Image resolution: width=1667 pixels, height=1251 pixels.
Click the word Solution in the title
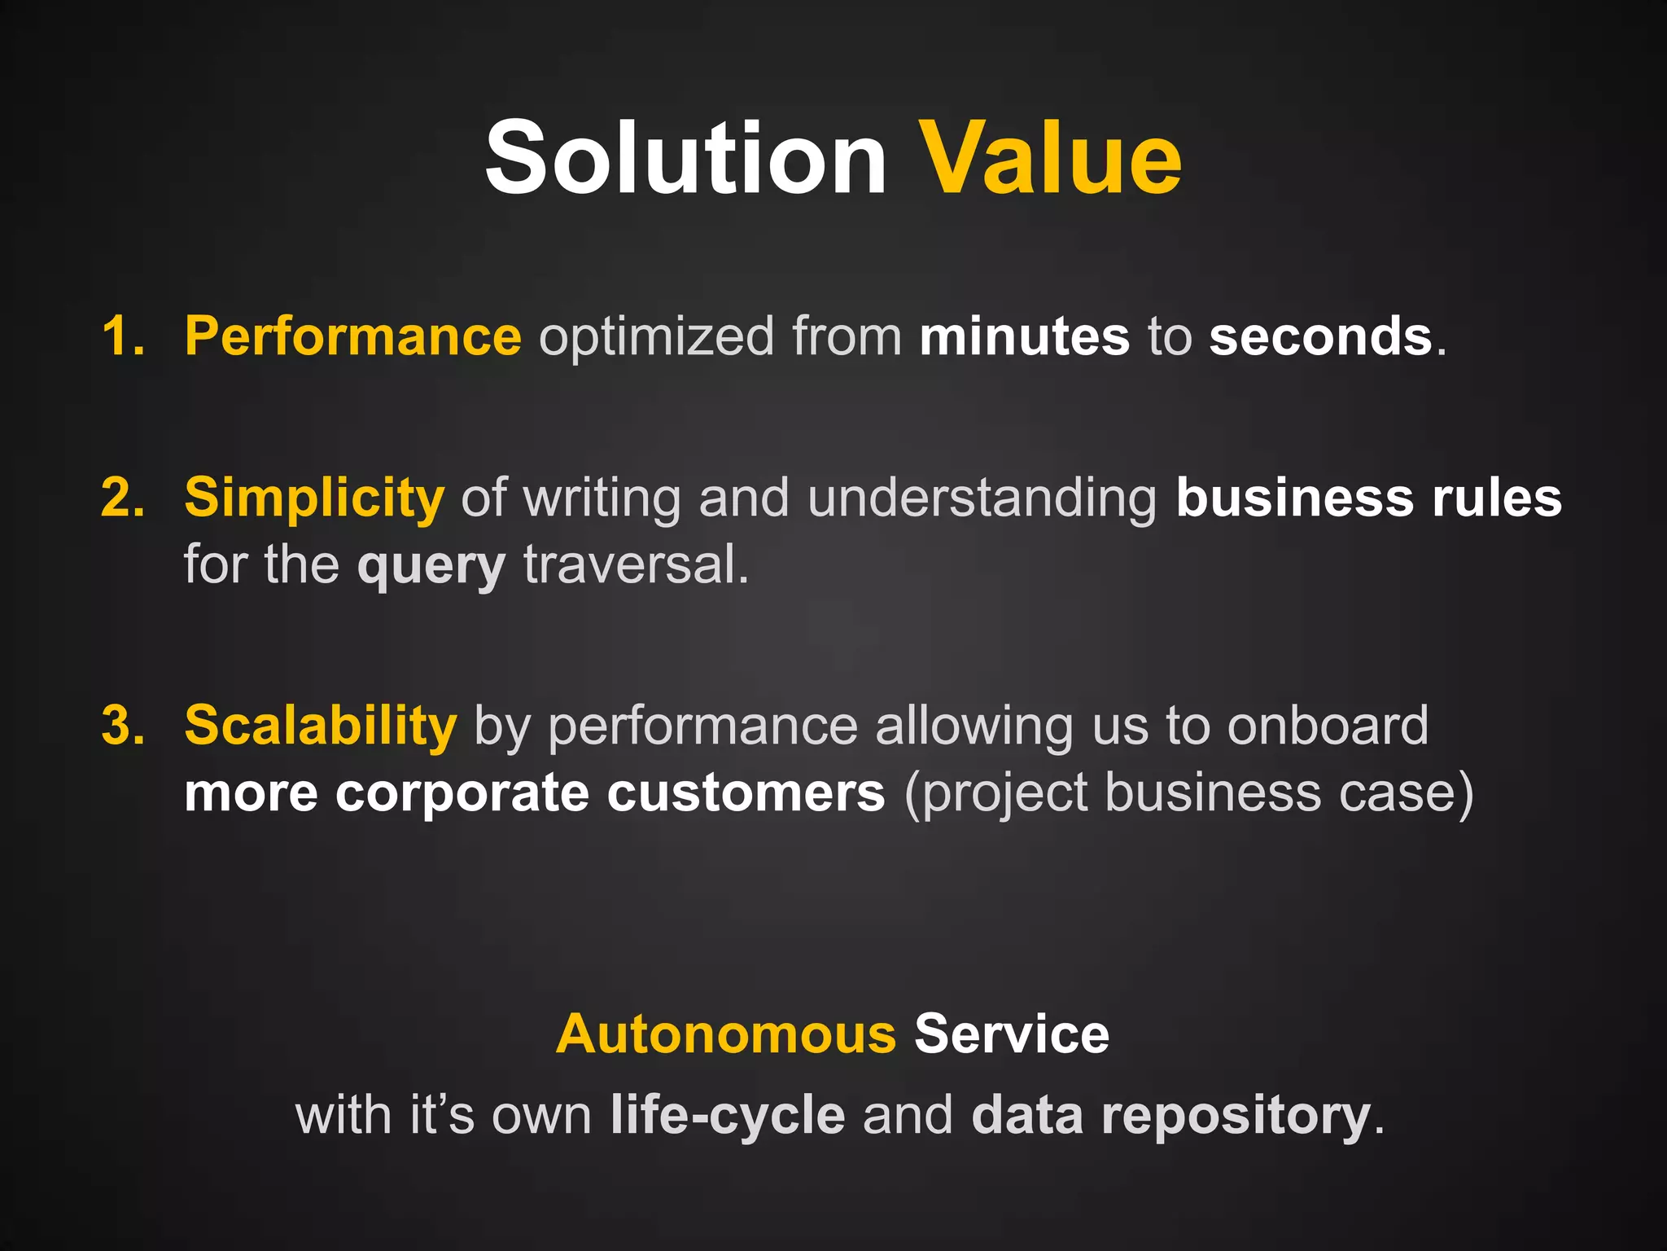click(685, 158)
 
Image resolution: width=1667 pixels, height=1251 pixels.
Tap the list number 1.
click(122, 336)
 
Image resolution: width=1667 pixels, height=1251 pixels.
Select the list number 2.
click(122, 498)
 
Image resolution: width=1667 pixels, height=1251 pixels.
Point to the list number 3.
click(122, 726)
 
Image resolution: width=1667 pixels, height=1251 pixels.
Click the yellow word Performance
click(352, 336)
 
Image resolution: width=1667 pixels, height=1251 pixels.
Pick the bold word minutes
click(1024, 336)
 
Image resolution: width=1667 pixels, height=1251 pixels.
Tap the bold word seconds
click(1319, 336)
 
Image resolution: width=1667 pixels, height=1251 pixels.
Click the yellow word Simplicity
click(314, 498)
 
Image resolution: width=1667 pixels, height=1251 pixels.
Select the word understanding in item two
click(982, 498)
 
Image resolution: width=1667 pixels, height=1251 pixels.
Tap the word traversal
click(635, 564)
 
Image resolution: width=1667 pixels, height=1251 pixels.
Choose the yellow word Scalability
click(321, 726)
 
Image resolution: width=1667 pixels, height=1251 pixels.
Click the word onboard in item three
click(1328, 726)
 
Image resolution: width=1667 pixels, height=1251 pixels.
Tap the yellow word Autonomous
click(726, 1034)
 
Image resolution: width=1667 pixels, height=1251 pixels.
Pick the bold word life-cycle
click(728, 1115)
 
